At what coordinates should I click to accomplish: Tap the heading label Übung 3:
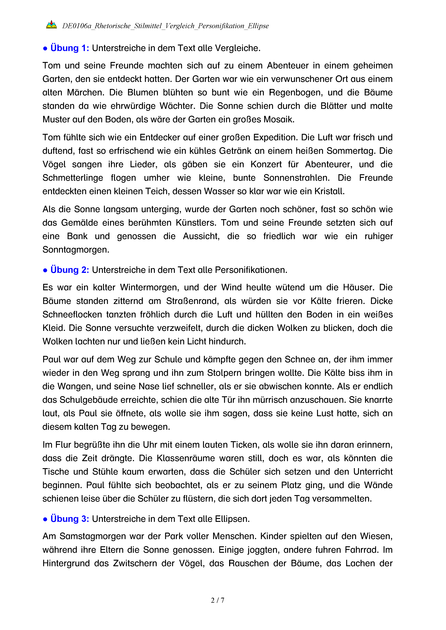[70, 519]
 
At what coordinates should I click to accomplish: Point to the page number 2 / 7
[217, 600]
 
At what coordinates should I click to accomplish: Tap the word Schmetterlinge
[73, 178]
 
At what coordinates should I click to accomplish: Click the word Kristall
[329, 191]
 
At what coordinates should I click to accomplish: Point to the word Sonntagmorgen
[76, 250]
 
